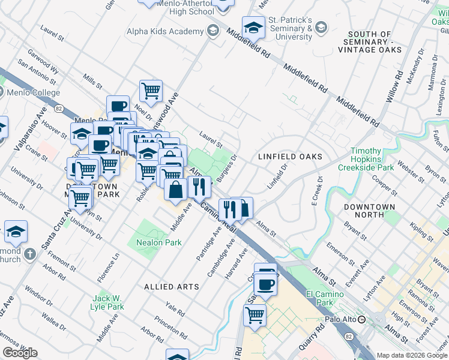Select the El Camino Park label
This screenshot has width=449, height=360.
click(325, 298)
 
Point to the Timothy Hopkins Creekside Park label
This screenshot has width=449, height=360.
click(366, 159)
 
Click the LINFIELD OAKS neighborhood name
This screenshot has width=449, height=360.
click(290, 157)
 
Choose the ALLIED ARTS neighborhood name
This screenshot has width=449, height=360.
click(172, 287)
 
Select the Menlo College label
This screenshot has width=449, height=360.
click(34, 92)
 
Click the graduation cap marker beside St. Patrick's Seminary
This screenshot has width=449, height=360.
click(253, 28)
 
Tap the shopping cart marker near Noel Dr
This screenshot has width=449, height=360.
click(151, 91)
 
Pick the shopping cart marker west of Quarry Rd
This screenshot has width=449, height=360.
click(255, 314)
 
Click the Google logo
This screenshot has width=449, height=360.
click(20, 353)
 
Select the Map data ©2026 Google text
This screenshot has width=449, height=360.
click(411, 355)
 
